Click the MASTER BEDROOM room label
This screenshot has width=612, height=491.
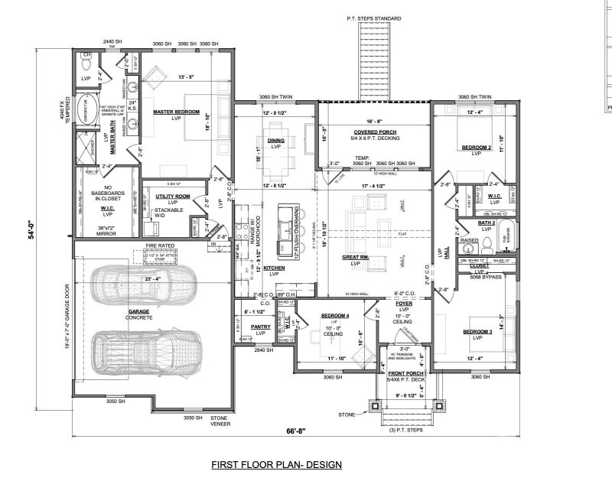pos(176,112)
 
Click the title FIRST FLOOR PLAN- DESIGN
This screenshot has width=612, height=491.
pos(276,464)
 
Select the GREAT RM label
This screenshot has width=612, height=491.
pos(358,258)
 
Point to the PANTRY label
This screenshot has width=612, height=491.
pos(261,327)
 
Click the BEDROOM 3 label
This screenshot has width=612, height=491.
pos(476,331)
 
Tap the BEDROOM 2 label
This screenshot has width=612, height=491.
pos(476,147)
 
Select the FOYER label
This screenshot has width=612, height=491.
pos(404,303)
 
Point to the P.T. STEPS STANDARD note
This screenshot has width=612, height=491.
pos(373,18)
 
